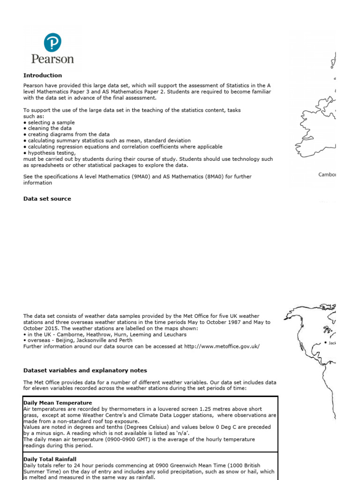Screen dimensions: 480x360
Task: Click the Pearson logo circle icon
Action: (52, 43)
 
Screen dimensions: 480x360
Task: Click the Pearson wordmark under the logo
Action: (52, 59)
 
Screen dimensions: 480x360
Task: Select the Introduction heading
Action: (43, 75)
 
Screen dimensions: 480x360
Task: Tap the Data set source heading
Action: (47, 199)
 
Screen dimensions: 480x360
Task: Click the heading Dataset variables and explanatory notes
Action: (85, 370)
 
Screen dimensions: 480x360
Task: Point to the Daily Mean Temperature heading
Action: (58, 403)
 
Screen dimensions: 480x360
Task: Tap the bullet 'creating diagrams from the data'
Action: (66, 135)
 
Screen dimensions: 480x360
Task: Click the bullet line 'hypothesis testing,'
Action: (49, 153)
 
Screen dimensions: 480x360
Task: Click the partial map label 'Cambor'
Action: (327, 175)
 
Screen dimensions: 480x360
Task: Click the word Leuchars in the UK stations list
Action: (174, 334)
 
